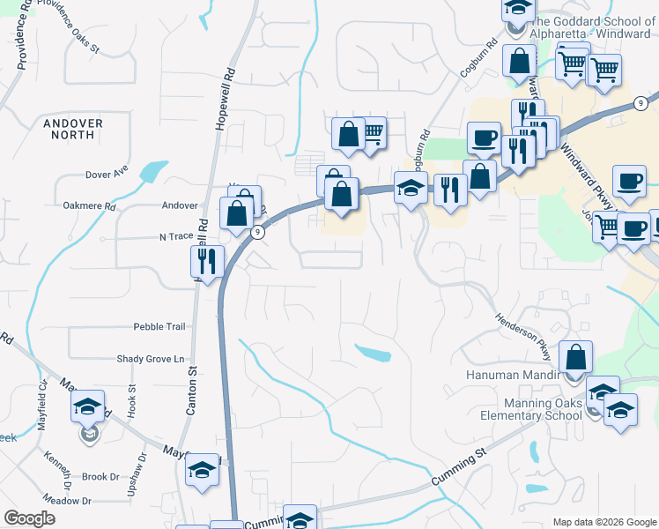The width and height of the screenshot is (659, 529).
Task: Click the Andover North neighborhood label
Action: point(72,129)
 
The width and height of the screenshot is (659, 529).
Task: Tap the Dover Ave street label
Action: point(107,175)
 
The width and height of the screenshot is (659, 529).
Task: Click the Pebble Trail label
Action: point(159,326)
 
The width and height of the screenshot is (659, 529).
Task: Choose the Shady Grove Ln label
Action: point(151,359)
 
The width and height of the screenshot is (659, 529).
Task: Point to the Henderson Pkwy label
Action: point(523,336)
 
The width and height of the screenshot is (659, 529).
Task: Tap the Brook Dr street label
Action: point(100,477)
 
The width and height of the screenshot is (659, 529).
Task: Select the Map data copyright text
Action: point(603,522)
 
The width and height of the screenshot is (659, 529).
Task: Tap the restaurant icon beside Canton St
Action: point(208,261)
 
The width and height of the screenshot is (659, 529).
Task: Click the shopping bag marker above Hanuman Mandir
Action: point(575,358)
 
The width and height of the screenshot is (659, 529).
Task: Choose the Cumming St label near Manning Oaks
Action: point(459,468)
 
